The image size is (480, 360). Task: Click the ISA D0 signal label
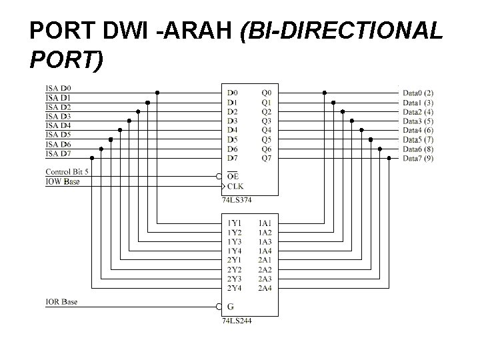click(x=58, y=88)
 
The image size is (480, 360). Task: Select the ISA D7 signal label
click(x=58, y=154)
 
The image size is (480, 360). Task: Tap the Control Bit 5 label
click(x=67, y=172)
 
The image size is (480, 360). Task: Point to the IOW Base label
click(x=62, y=181)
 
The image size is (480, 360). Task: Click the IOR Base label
click(x=61, y=302)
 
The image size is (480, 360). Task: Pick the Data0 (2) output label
click(x=419, y=92)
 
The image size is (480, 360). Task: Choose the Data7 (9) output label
click(x=419, y=158)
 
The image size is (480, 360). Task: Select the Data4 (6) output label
click(x=419, y=130)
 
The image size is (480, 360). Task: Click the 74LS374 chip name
click(x=236, y=199)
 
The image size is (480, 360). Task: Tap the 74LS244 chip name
click(x=236, y=320)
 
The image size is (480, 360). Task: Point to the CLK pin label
click(x=235, y=186)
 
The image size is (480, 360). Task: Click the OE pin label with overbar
click(x=232, y=176)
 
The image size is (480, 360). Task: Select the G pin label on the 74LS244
click(x=230, y=307)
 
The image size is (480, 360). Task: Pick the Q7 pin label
click(x=267, y=158)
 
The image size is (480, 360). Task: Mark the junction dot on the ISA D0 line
click(x=157, y=92)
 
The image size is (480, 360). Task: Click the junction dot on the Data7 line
click(x=389, y=158)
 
